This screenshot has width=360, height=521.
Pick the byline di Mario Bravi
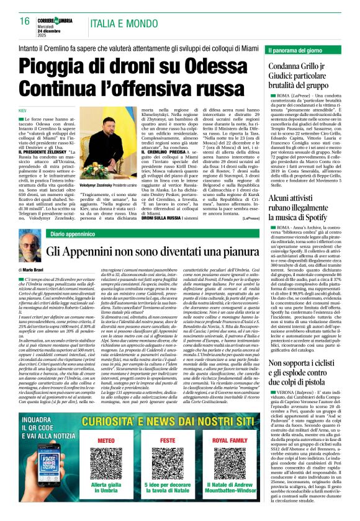(34, 271)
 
